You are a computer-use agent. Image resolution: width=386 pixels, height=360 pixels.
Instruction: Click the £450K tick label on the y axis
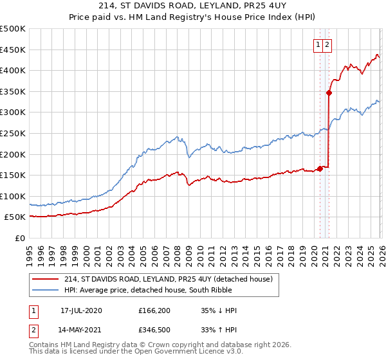(13, 50)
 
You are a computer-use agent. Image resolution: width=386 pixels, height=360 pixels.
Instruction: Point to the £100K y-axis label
(13, 196)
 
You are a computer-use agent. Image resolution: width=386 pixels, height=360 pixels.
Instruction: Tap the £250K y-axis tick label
(13, 133)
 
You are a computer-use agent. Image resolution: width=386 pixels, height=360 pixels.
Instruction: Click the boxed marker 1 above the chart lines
(318, 45)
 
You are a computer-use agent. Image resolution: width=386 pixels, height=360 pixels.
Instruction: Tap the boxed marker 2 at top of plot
(327, 45)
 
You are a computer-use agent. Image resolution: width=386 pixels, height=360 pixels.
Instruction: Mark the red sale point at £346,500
(329, 93)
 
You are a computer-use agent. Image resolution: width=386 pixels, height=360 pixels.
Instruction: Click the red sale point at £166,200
(320, 168)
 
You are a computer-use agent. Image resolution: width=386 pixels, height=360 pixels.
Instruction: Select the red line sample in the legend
(46, 279)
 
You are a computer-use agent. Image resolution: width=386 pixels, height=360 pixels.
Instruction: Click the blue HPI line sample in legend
(46, 290)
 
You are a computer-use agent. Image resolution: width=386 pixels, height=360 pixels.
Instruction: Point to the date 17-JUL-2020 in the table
(81, 310)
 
